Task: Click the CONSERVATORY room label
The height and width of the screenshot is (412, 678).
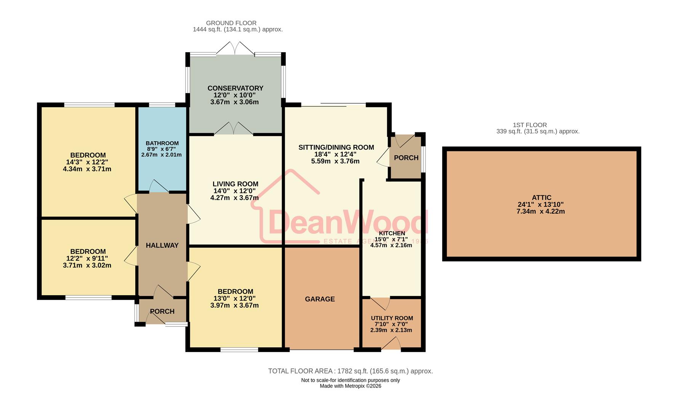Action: click(x=235, y=88)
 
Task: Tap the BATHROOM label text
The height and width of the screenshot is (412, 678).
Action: click(x=162, y=143)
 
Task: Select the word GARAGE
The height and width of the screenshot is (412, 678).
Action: click(x=320, y=299)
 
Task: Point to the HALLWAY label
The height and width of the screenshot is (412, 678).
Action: click(x=162, y=245)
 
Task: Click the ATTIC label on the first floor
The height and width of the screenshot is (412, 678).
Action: click(x=541, y=198)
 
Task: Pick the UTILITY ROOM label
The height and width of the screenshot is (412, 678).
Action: click(x=392, y=318)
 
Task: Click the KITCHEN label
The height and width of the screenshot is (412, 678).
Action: click(x=392, y=233)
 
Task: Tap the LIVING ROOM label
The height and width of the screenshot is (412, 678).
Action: click(x=235, y=184)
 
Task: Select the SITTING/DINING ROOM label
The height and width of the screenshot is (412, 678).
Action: click(x=336, y=147)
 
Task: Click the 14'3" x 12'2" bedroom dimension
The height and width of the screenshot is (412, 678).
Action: click(x=87, y=162)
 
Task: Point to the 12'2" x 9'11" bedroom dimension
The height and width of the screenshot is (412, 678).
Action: click(x=87, y=259)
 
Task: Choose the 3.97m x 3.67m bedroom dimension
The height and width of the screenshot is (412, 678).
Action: click(x=234, y=306)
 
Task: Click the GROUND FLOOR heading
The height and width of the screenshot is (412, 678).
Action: click(x=231, y=23)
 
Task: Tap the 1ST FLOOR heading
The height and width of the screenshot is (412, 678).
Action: click(x=529, y=125)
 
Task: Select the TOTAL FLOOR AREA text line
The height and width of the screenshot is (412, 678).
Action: click(x=350, y=371)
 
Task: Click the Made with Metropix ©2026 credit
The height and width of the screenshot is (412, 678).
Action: click(x=350, y=386)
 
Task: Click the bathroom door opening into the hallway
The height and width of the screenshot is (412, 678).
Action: click(x=159, y=187)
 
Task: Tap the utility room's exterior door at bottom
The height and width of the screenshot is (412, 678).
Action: click(x=391, y=344)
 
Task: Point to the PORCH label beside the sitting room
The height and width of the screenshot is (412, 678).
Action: click(x=406, y=158)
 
